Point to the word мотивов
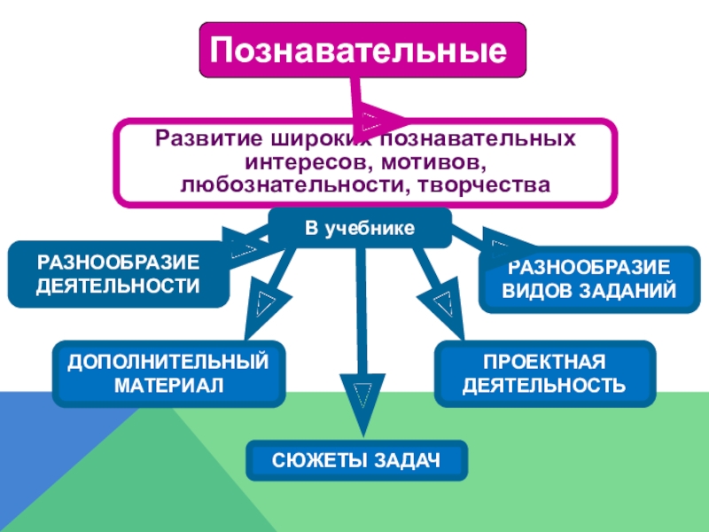click(430, 163)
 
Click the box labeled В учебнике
click(360, 229)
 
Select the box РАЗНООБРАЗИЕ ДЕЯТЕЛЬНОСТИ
click(118, 274)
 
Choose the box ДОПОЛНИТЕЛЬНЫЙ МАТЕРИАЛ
click(168, 373)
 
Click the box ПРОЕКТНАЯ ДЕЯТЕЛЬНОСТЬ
click(544, 374)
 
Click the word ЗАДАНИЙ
click(630, 291)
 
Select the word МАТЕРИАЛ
click(168, 386)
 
